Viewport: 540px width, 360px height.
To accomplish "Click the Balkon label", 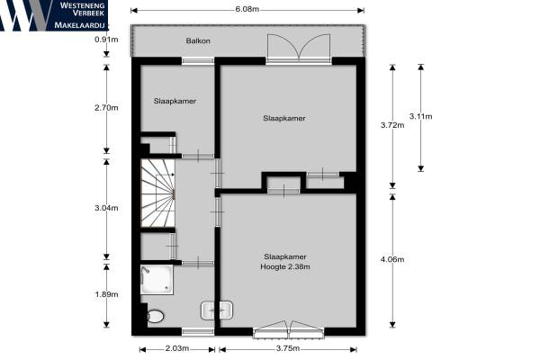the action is (198, 40).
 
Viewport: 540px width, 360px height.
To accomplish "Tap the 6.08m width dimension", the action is (247, 9).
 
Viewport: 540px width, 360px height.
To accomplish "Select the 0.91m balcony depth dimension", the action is (106, 40).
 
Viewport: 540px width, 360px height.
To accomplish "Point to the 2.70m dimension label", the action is (106, 108).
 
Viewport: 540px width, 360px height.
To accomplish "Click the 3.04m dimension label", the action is (106, 208).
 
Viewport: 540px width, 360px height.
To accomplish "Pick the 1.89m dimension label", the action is (106, 294).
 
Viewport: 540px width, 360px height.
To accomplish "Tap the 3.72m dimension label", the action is (392, 125).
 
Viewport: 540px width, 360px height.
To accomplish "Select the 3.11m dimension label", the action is (421, 116).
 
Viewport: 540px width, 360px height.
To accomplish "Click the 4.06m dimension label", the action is (392, 259).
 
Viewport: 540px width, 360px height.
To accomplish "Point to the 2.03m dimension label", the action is (177, 348).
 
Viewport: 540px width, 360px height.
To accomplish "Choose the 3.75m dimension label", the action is (288, 348).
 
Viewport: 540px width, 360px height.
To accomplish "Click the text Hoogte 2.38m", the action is (285, 266).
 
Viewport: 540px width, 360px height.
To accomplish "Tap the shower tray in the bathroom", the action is (157, 279).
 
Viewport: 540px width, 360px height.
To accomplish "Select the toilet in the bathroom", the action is (156, 316).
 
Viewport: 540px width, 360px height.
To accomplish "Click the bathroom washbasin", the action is (217, 310).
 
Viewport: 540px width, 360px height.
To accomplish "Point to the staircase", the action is (157, 193).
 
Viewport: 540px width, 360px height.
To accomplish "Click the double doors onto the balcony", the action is (299, 49).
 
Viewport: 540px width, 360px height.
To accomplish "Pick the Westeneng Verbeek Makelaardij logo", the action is (54, 15).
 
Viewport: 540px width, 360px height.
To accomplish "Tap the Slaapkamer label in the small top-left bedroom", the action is (175, 102).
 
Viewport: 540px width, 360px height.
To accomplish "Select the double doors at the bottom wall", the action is (289, 329).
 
